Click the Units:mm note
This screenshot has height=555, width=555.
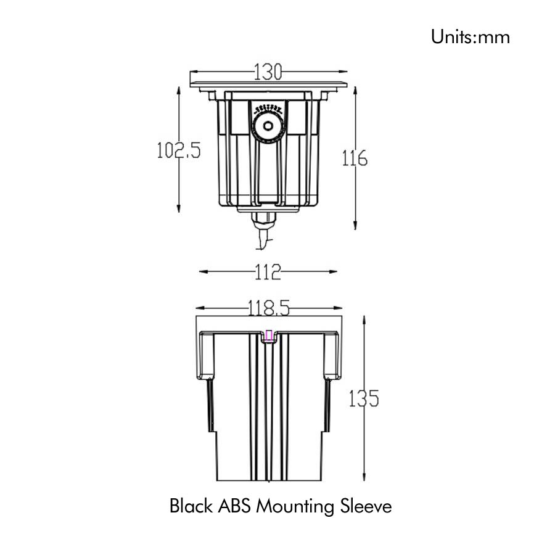tap(470, 37)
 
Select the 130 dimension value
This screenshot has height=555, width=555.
tap(268, 72)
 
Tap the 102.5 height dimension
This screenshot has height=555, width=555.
tap(179, 150)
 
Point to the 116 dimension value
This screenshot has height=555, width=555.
tap(355, 158)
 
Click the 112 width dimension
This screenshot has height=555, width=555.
tap(268, 272)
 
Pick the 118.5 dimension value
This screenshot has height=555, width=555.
tap(269, 308)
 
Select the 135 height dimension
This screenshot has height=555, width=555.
tap(364, 398)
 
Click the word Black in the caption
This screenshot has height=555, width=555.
tap(192, 506)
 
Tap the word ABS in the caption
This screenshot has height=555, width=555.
tap(234, 506)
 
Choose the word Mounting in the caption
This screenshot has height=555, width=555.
tap(295, 507)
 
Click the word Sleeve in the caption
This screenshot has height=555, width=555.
tap(366, 506)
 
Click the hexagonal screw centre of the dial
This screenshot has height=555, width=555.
tap(268, 126)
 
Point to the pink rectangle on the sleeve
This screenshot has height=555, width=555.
tap(269, 335)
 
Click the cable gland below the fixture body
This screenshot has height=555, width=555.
tap(264, 220)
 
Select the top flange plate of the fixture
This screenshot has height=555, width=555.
tap(269, 84)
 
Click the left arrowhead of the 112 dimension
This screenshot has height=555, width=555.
tap(203, 272)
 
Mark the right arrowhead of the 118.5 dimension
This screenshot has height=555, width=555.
tap(338, 308)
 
